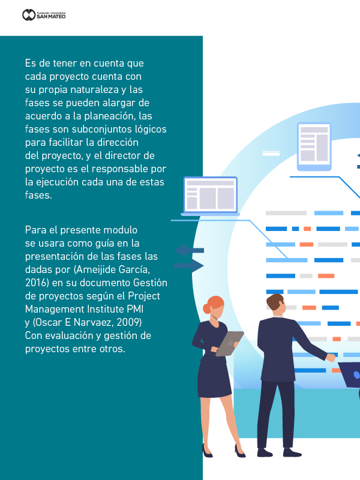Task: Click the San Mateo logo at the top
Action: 44,14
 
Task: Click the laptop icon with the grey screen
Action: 209,196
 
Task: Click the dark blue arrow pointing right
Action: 188,265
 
